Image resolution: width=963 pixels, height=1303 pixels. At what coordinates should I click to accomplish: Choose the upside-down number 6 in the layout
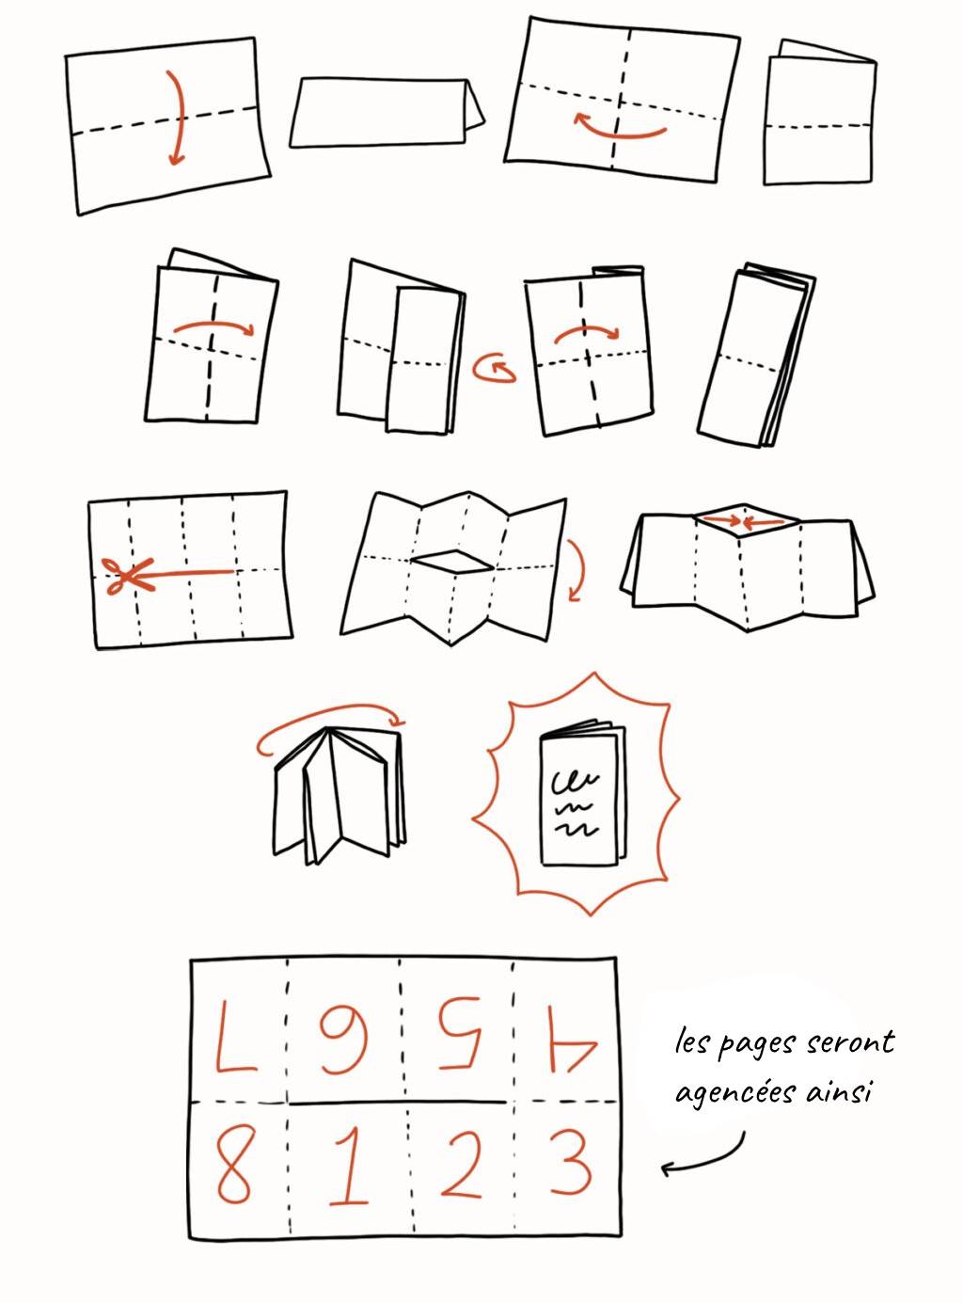tap(344, 1041)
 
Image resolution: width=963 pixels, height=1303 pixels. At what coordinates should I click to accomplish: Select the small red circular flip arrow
tap(495, 369)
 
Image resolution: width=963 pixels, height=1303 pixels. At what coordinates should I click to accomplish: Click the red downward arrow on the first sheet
tap(174, 118)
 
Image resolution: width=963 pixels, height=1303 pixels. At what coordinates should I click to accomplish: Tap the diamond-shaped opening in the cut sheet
tap(453, 562)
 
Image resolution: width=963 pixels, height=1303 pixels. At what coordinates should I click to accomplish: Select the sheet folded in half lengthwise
tap(386, 113)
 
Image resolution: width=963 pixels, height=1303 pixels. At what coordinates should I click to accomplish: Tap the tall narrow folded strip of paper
tap(757, 357)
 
